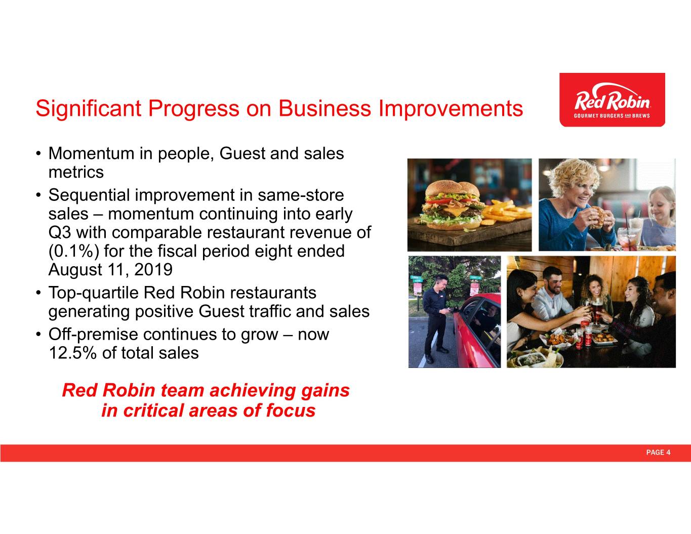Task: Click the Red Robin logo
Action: (x=612, y=100)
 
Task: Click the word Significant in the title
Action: (x=89, y=109)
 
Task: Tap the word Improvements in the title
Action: (x=451, y=109)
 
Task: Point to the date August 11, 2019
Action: (x=110, y=270)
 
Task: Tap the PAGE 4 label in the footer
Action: (x=658, y=453)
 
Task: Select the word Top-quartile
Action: (x=94, y=293)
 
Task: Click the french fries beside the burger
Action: (x=507, y=212)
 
